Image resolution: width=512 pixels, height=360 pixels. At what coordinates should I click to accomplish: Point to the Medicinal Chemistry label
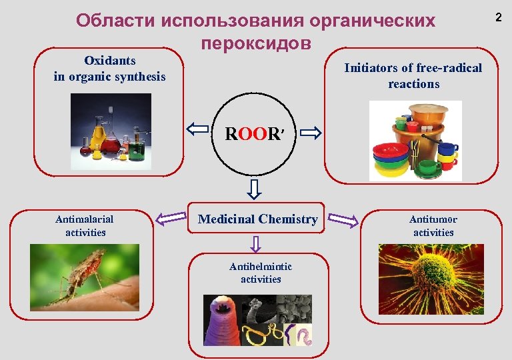257,219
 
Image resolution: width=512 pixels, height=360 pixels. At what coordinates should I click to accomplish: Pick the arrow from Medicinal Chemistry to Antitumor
344,220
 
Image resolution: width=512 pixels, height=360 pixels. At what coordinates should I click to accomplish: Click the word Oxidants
109,61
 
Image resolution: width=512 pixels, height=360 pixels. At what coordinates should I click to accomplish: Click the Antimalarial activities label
85,225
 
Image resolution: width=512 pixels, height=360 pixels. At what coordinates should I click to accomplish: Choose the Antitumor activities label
433,225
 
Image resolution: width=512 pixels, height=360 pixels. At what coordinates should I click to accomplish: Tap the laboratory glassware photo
111,131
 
